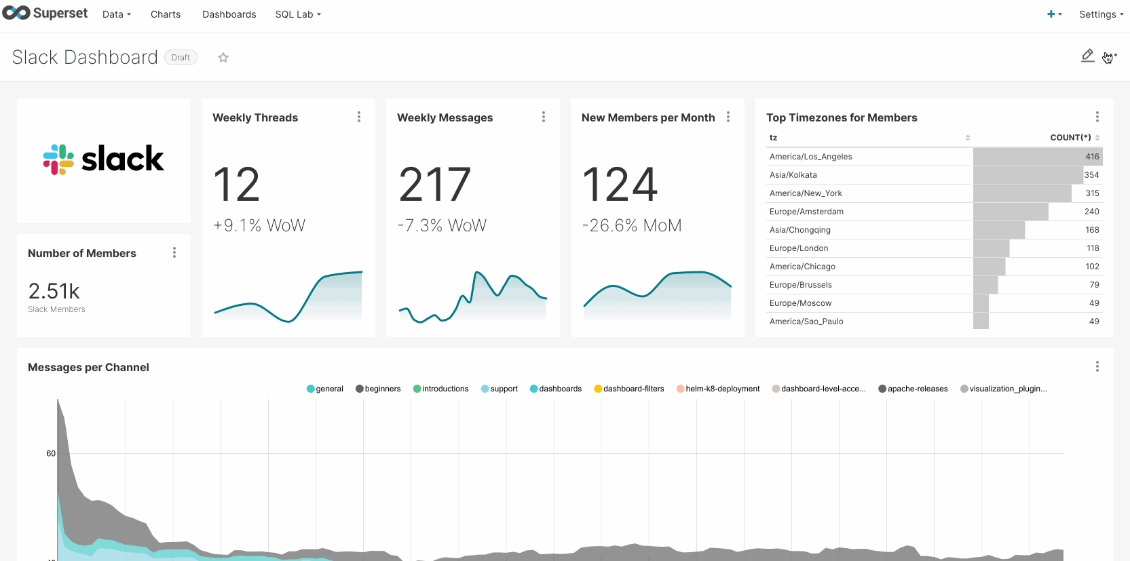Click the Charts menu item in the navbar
click(166, 14)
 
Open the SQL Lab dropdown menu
click(298, 14)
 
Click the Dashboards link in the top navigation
click(229, 14)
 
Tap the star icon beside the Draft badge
click(223, 58)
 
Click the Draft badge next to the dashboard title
click(181, 58)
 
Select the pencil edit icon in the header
click(1087, 56)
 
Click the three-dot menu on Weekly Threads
click(359, 117)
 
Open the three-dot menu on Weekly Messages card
click(544, 117)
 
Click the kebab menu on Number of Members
click(174, 253)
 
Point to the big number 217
click(434, 185)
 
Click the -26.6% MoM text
click(632, 225)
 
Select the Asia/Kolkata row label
click(793, 175)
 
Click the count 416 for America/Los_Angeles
click(1091, 157)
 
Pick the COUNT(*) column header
click(1070, 138)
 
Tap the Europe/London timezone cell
click(799, 248)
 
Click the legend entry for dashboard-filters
click(633, 389)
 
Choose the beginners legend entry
click(382, 389)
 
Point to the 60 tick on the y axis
click(51, 453)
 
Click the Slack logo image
click(104, 159)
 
